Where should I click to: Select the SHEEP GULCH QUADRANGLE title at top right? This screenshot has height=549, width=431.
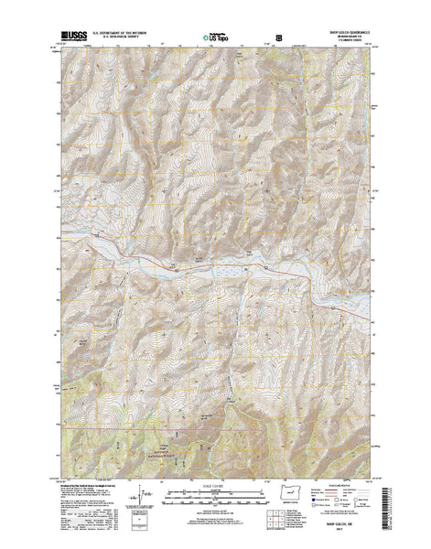click(x=338, y=36)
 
